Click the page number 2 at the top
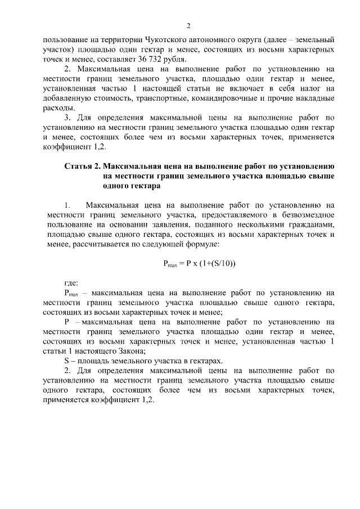coord(189,26)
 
